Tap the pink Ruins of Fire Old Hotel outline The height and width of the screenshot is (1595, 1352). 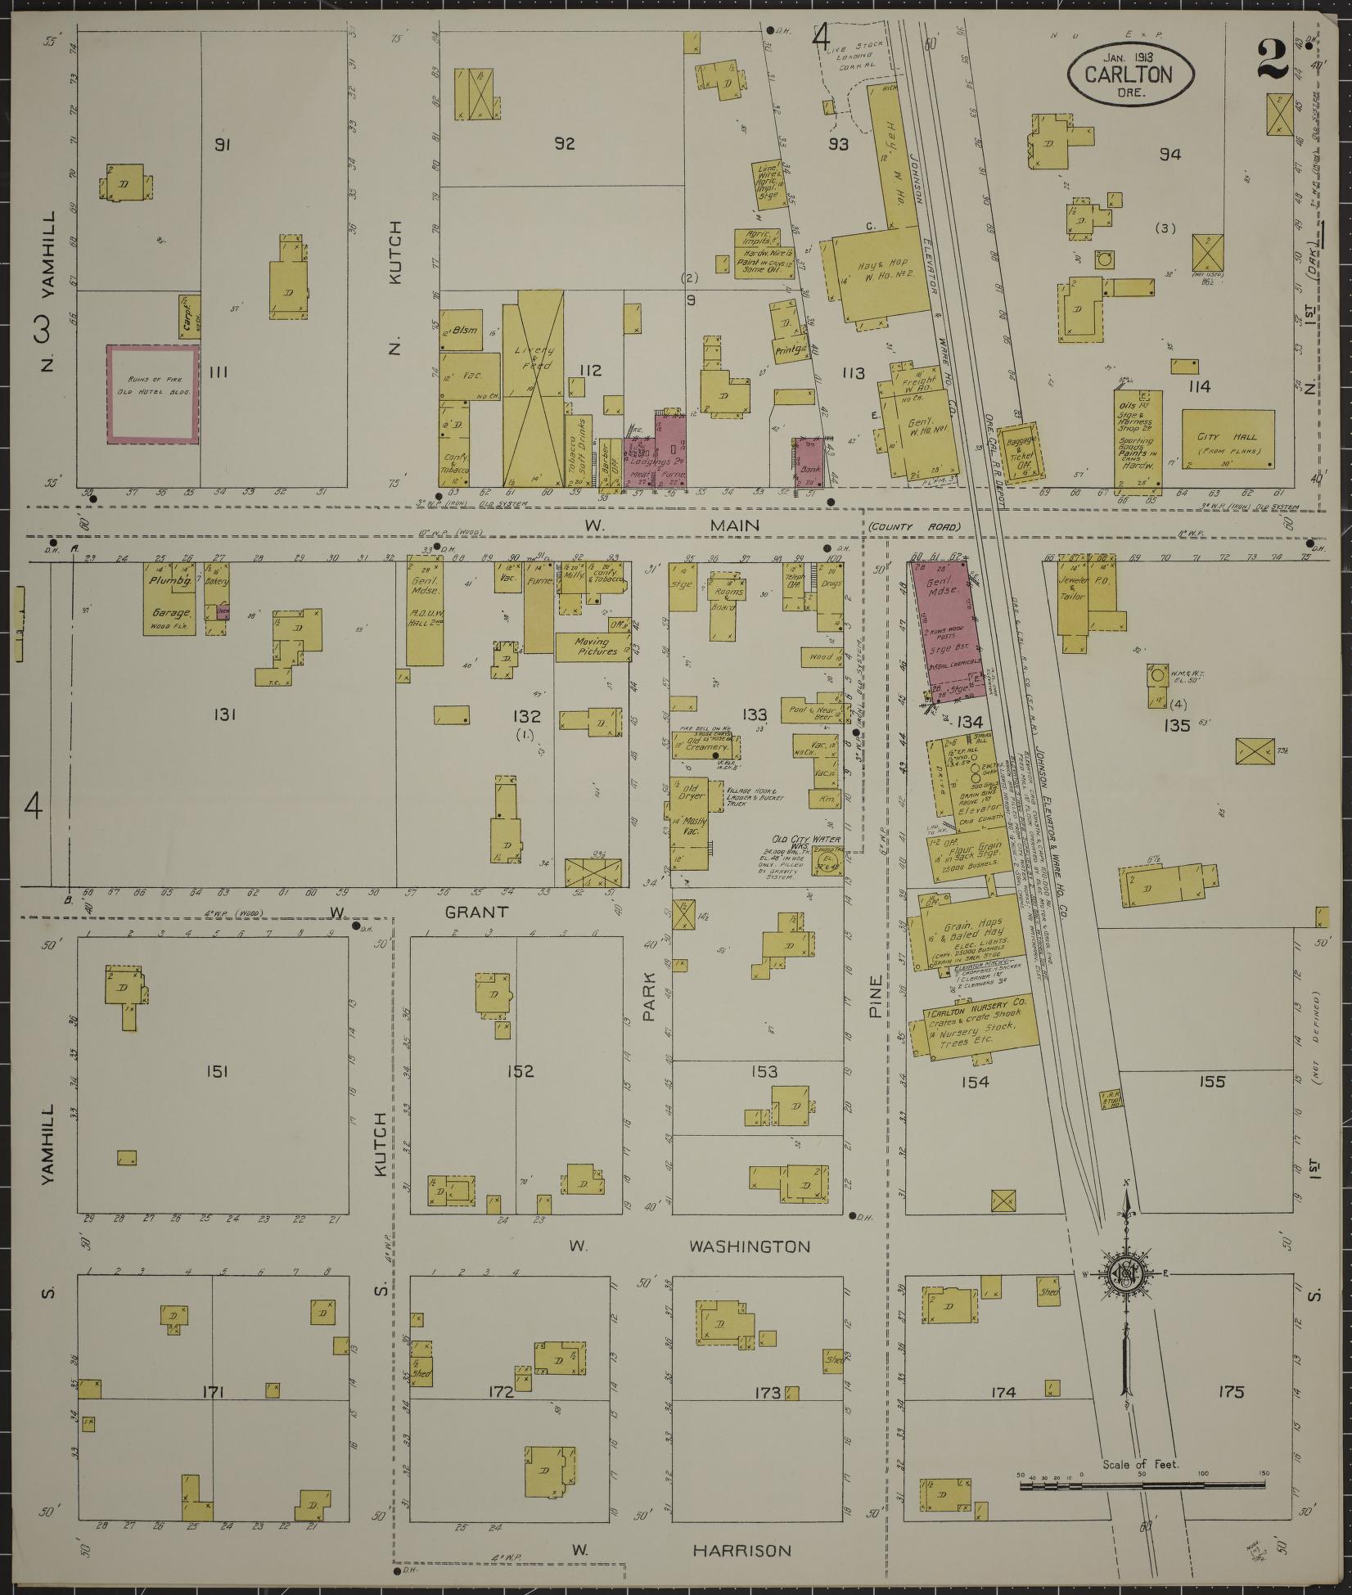click(x=153, y=395)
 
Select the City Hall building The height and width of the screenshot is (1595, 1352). click(x=1227, y=439)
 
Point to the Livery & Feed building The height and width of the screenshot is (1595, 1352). click(x=533, y=389)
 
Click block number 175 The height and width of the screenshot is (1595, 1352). click(x=1230, y=1391)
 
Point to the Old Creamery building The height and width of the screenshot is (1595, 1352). click(x=705, y=746)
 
